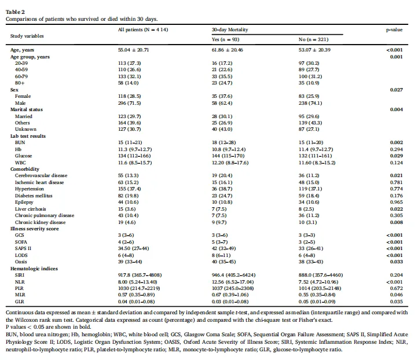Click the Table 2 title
15,12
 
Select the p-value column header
394,30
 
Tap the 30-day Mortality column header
230,30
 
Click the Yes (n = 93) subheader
225,39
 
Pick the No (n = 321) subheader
313,39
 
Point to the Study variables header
27,36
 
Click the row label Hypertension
30,189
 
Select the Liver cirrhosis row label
30,209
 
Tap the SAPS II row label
23,248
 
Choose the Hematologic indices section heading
34,269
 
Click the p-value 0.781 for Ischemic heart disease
396,182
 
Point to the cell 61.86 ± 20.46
227,50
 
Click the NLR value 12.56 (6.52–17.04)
233,282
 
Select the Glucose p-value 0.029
396,156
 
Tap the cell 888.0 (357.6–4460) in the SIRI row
320,275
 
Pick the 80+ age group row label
20,83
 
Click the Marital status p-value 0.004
396,109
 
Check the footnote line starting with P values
48,327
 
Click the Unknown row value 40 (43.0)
222,129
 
